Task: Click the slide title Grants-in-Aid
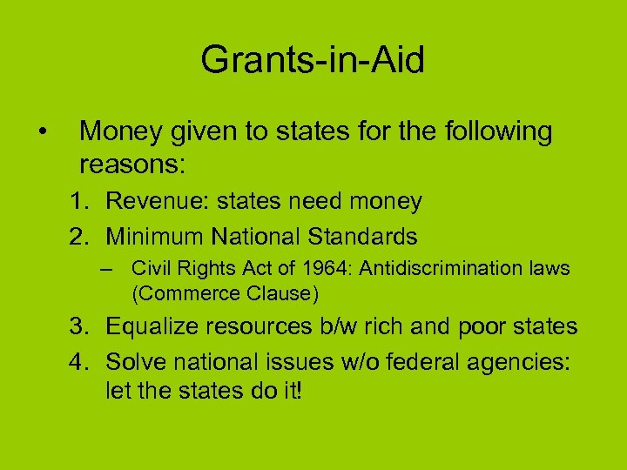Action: [x=313, y=61]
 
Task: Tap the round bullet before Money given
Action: [x=42, y=133]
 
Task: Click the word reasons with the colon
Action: [x=134, y=164]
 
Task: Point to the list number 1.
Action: [x=79, y=202]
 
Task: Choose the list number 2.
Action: [x=79, y=236]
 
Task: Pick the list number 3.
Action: [x=79, y=326]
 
